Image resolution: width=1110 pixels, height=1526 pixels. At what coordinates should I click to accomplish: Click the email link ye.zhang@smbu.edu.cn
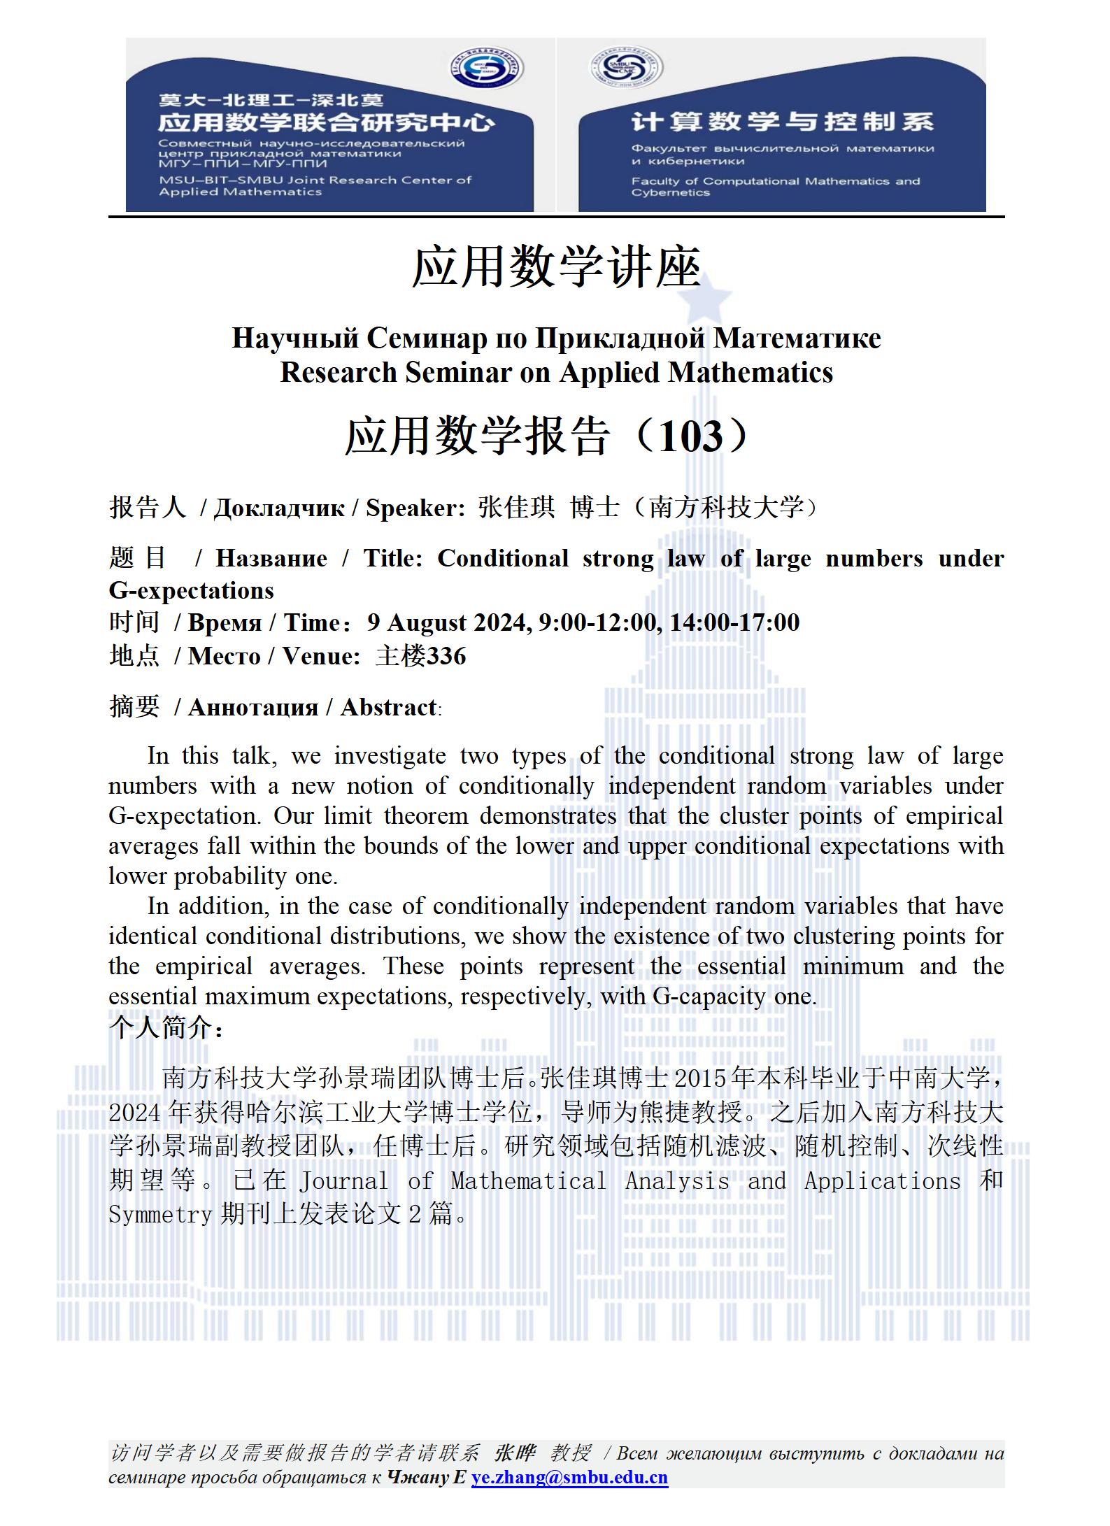[569, 1477]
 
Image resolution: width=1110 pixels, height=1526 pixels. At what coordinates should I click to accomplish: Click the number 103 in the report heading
[690, 436]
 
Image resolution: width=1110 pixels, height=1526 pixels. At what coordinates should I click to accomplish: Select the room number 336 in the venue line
[446, 656]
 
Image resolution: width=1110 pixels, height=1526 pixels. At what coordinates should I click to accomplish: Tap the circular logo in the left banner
[486, 69]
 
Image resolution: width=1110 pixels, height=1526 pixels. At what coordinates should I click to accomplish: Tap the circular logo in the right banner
[626, 69]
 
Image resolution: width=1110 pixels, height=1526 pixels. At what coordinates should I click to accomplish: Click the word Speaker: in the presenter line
[415, 508]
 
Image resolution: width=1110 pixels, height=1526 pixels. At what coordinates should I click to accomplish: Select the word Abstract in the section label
[388, 707]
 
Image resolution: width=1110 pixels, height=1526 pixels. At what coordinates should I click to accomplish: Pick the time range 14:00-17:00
[734, 622]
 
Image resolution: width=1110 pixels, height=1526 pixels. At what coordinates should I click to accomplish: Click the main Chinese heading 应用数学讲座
[556, 268]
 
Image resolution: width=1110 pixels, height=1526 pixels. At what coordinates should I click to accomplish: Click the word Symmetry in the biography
[160, 1215]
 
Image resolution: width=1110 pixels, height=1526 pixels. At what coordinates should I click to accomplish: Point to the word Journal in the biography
[343, 1181]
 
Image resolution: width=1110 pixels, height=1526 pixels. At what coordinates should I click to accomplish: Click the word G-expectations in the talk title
[191, 590]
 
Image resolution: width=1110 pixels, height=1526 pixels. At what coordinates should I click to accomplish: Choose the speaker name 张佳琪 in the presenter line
[516, 508]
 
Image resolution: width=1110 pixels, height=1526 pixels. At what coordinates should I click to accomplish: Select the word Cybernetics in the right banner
[670, 193]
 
